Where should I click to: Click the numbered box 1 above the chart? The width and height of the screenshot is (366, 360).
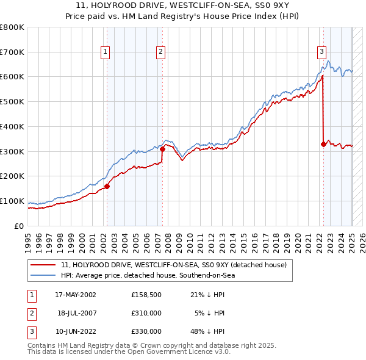[x=106, y=52]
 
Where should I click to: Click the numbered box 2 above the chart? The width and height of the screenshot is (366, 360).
[x=160, y=52]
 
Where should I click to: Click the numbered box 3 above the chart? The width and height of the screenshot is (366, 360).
[x=321, y=52]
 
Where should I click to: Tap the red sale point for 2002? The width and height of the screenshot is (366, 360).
[x=107, y=186]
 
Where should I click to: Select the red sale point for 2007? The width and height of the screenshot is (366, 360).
[x=163, y=148]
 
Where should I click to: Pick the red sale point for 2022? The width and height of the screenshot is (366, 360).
[x=323, y=144]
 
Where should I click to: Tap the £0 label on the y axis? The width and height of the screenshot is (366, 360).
[x=19, y=226]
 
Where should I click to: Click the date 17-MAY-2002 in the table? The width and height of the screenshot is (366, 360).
[x=76, y=295]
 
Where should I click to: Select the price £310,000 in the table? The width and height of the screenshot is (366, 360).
[x=146, y=313]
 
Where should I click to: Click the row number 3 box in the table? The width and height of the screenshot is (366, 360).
[x=30, y=331]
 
